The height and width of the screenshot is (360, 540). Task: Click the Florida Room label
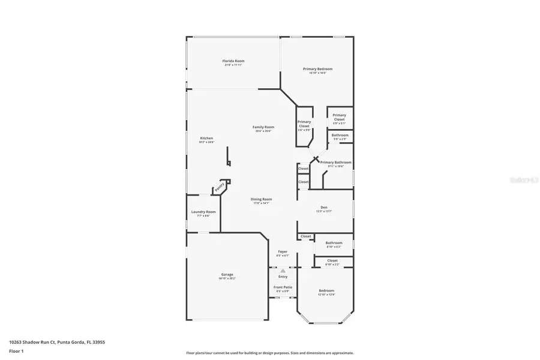[x=233, y=61]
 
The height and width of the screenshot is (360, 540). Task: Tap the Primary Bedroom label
[x=317, y=69]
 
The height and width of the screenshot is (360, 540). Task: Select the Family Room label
[x=263, y=127]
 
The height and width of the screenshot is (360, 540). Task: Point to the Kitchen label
[x=206, y=138]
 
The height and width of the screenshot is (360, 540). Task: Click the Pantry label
[x=220, y=187]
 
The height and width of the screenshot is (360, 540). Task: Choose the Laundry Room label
[x=203, y=212]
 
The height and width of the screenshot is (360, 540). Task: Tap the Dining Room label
[x=262, y=199]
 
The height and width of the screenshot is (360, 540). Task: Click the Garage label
[x=227, y=274]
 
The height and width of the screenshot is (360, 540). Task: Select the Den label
[x=324, y=208]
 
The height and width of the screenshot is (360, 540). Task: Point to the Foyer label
[x=283, y=251]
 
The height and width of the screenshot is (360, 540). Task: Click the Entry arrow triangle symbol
[x=283, y=271]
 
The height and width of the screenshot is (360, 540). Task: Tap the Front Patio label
[x=283, y=287]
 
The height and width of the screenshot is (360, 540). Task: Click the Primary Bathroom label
[x=336, y=163]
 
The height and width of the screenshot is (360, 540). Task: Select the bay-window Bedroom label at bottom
[x=326, y=290]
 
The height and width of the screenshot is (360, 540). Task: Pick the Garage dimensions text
[x=227, y=278]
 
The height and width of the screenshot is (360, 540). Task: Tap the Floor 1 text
[x=16, y=350]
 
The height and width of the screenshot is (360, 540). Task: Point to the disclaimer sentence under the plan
[x=270, y=353]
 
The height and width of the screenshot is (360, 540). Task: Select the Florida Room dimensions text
[x=233, y=65]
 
